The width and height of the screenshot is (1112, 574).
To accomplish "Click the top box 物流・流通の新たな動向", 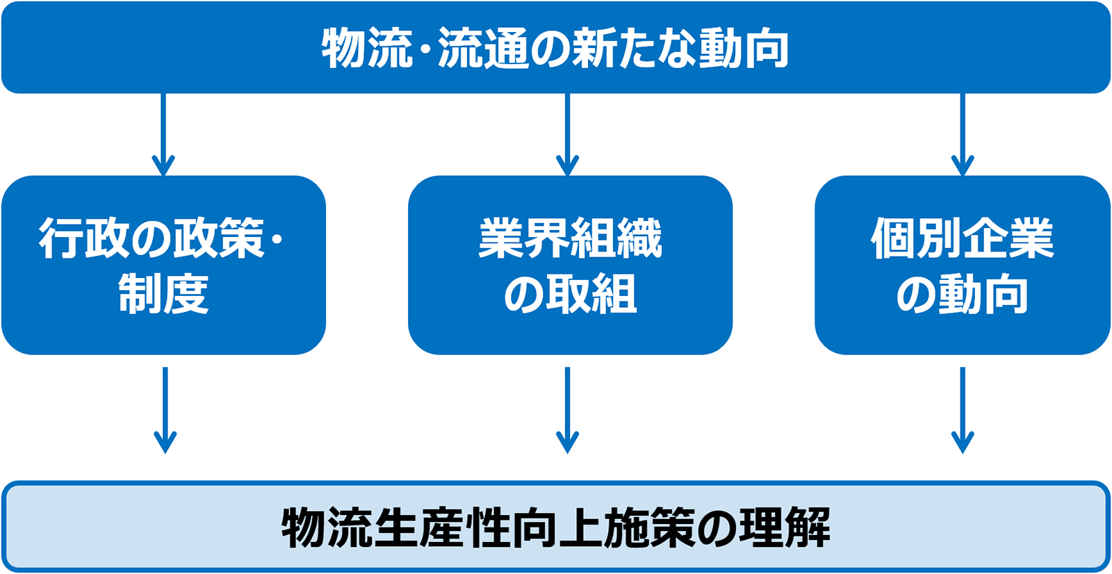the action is pyautogui.click(x=556, y=47).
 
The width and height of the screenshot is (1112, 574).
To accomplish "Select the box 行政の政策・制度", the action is pyautogui.click(x=164, y=265).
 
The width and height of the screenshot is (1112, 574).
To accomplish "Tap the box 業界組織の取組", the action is pyautogui.click(x=570, y=265).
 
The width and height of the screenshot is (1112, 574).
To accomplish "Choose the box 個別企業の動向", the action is pyautogui.click(x=963, y=265).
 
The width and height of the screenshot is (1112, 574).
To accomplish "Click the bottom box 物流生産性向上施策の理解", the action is pyautogui.click(x=556, y=527).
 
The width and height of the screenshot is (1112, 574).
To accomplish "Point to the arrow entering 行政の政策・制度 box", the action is pyautogui.click(x=163, y=135).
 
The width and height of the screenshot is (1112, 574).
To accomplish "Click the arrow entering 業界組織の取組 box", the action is pyautogui.click(x=567, y=135).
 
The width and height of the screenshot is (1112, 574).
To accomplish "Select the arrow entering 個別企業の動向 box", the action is pyautogui.click(x=963, y=135).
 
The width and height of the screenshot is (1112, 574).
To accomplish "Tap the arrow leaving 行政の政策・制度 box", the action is pyautogui.click(x=165, y=410).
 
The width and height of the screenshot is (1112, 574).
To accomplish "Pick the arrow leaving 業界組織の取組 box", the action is pyautogui.click(x=567, y=410).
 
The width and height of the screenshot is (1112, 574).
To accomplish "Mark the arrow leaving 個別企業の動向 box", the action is pyautogui.click(x=963, y=410).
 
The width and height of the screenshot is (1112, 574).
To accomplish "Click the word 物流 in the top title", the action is pyautogui.click(x=367, y=48).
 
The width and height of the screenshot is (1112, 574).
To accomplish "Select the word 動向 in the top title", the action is pyautogui.click(x=744, y=48).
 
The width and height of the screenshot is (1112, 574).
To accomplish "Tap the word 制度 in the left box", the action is pyautogui.click(x=163, y=293).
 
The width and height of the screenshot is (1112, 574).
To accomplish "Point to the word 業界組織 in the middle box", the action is pyautogui.click(x=570, y=238).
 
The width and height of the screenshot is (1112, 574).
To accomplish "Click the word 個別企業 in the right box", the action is pyautogui.click(x=962, y=238).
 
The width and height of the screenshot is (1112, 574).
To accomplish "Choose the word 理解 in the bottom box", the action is pyautogui.click(x=785, y=527).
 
